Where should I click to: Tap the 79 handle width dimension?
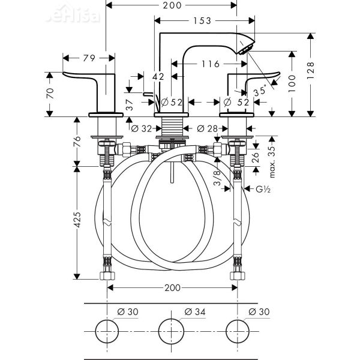89,58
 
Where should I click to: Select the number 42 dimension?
159,76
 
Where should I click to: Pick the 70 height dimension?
50,94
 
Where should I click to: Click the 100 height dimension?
293,83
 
